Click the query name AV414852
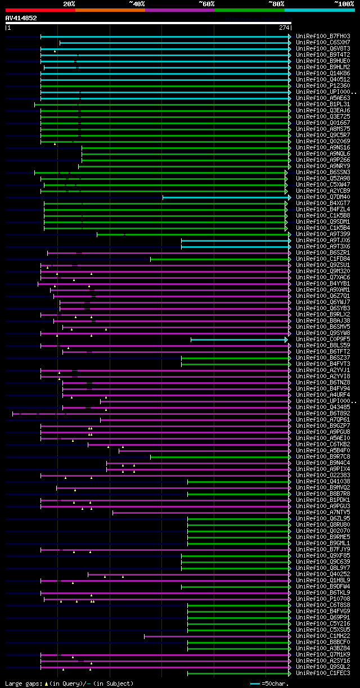[21, 18]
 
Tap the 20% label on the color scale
[69, 4]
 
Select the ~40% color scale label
[137, 4]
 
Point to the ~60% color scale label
[206, 4]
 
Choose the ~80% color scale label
[276, 4]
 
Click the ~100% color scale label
[344, 4]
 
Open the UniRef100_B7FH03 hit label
[323, 37]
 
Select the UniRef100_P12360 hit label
[323, 86]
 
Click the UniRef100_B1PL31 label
[323, 105]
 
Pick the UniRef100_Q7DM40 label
[323, 197]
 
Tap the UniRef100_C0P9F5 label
[323, 340]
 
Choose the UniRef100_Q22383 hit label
[323, 476]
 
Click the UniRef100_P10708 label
[323, 599]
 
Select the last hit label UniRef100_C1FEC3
[323, 673]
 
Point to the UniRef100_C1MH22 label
[323, 636]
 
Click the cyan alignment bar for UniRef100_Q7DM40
[225, 197]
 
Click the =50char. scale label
[276, 684]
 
